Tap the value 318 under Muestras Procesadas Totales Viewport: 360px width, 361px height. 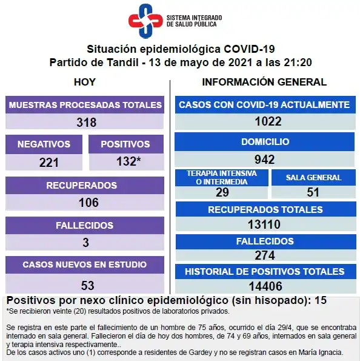tap(86, 122)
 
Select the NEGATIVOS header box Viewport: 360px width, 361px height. tap(44, 144)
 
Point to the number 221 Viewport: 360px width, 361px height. tap(48, 162)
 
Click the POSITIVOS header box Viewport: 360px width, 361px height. tap(125, 144)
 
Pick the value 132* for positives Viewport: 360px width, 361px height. tap(129, 162)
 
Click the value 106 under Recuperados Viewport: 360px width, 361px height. tap(86, 202)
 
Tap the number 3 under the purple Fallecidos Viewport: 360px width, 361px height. tap(86, 242)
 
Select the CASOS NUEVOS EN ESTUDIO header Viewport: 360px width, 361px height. tap(85, 265)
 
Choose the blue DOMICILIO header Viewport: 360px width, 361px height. tap(265, 142)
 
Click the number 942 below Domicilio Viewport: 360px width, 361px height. tap(265, 160)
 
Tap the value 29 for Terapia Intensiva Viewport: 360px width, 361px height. tap(222, 192)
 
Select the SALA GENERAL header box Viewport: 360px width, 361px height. tap(313, 178)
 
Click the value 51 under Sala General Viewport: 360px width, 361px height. tap(313, 192)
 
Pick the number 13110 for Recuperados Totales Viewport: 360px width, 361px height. tap(265, 224)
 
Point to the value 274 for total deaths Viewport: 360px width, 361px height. tap(265, 255)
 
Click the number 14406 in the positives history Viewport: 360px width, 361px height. tap(265, 286)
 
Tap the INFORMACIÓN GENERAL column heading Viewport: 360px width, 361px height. tap(264, 82)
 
